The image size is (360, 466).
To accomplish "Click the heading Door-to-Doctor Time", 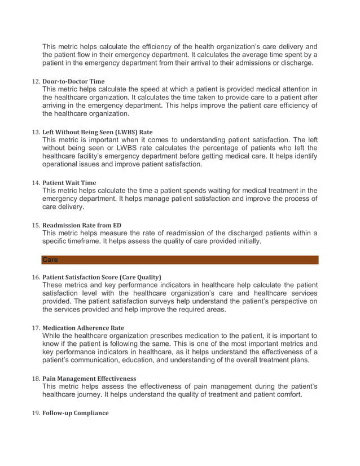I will click(x=73, y=82).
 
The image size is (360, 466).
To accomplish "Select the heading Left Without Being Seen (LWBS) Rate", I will click(x=97, y=133).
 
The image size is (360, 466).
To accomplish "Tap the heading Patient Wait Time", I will click(x=69, y=183).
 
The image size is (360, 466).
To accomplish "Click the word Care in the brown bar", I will click(x=50, y=260).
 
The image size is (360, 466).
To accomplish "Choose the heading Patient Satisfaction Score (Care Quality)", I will click(x=102, y=277).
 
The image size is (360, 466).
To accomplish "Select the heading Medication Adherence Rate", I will click(x=83, y=328).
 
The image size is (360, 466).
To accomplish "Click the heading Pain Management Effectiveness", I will click(x=89, y=378).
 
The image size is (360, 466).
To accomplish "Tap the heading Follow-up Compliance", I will click(x=75, y=413).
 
